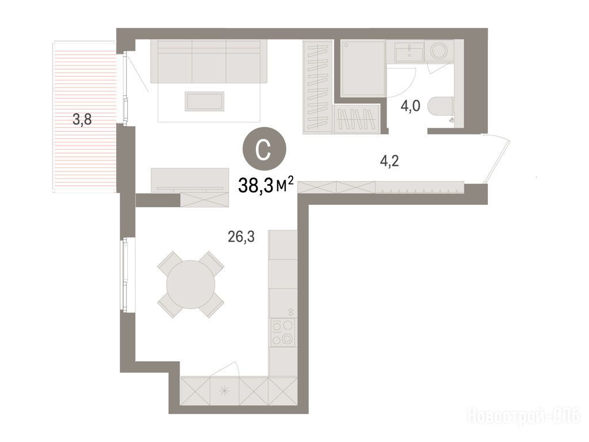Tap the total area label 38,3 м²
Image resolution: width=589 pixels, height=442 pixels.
pos(266,185)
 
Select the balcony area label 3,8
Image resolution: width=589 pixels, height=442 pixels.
pos(82,120)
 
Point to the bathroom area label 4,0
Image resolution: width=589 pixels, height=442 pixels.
pos(410,106)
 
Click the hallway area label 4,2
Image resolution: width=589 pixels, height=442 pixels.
pos(389,161)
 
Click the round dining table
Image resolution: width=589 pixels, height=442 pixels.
pos(191,284)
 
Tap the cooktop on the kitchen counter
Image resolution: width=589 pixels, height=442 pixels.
pos(282,331)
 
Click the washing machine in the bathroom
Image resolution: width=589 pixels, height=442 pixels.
pos(438,51)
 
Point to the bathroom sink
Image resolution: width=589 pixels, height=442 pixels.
pos(410,51)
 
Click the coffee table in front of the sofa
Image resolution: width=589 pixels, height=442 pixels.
pos(204,101)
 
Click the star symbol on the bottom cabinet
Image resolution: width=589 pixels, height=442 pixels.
pos(225,391)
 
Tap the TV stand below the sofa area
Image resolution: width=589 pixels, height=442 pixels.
pos(190,180)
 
